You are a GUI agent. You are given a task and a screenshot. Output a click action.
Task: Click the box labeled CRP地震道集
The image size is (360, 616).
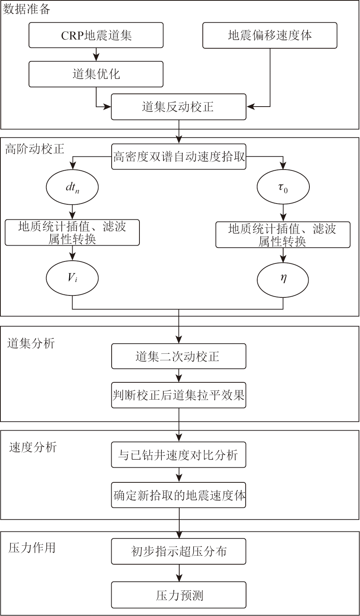pyautogui.click(x=96, y=35)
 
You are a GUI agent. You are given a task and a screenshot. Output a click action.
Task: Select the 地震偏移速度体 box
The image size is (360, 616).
pyautogui.click(x=270, y=35)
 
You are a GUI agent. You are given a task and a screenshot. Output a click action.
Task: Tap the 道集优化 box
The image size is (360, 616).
pyautogui.click(x=96, y=74)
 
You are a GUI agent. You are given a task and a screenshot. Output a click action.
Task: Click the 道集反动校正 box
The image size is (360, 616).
pyautogui.click(x=178, y=107)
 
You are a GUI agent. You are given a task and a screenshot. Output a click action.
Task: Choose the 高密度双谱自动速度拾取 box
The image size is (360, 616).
pyautogui.click(x=178, y=156)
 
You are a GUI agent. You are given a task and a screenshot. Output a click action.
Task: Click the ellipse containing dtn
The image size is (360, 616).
pyautogui.click(x=72, y=187)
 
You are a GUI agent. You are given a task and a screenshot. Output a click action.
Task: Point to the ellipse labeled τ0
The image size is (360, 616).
pyautogui.click(x=283, y=188)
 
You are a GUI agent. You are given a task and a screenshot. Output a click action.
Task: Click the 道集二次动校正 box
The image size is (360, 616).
pyautogui.click(x=178, y=356)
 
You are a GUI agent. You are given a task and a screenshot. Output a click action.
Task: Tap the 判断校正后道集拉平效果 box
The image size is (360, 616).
pyautogui.click(x=178, y=395)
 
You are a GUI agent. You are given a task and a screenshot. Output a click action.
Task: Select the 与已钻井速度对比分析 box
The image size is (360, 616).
pyautogui.click(x=178, y=455)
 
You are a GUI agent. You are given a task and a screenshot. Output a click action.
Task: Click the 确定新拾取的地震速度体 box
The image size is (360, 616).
pyautogui.click(x=178, y=495)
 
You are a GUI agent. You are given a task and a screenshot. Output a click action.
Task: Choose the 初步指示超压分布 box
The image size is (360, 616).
pyautogui.click(x=178, y=551)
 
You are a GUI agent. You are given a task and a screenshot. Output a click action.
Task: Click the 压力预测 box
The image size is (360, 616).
pyautogui.click(x=178, y=595)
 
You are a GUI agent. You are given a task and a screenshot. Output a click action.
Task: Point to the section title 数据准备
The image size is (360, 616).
pyautogui.click(x=27, y=9)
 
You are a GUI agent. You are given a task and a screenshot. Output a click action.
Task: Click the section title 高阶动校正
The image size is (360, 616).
pyautogui.click(x=34, y=149)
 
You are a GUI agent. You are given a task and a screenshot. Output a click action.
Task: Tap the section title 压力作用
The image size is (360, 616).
pyautogui.click(x=32, y=547)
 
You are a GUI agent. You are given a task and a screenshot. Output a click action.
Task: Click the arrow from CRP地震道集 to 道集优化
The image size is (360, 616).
pyautogui.click(x=96, y=54)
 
